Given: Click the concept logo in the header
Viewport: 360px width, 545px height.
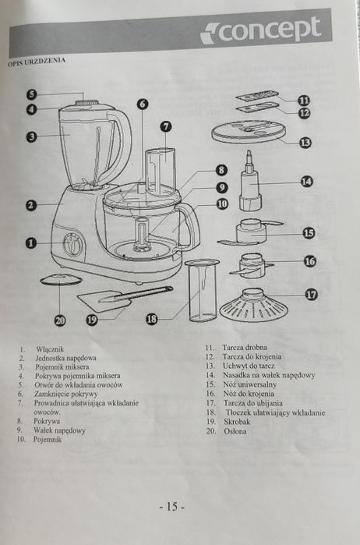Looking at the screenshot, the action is (260, 30).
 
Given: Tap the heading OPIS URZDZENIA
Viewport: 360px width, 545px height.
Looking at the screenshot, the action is (37, 62).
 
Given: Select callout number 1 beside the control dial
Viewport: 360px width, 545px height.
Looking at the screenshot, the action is (31, 242).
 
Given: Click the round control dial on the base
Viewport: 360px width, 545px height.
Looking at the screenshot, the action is (74, 244).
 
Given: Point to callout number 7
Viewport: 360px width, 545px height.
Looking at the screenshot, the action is (166, 126).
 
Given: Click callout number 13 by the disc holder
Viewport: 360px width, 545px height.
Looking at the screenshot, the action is (305, 142).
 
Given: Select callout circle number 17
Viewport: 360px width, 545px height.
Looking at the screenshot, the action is (312, 295).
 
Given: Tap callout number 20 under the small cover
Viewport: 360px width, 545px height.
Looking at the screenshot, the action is (60, 320).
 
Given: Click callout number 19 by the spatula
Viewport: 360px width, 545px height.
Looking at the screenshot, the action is (92, 319).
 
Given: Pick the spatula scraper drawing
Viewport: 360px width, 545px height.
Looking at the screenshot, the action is (123, 297).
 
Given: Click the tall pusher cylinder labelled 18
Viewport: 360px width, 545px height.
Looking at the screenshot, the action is (203, 291).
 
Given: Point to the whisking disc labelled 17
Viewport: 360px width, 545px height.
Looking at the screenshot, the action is (254, 305).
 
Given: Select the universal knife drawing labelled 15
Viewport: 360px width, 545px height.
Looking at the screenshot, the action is (251, 232).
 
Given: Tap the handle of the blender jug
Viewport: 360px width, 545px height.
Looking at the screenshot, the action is (122, 146).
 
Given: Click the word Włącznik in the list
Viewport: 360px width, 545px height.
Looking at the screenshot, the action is (50, 349).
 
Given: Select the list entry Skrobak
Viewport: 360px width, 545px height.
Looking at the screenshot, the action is (237, 422).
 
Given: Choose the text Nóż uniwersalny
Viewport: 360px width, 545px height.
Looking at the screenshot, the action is (250, 384).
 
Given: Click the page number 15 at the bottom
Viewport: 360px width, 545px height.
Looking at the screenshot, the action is (172, 507).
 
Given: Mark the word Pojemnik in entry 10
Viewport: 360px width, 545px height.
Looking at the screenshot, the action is (48, 439).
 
